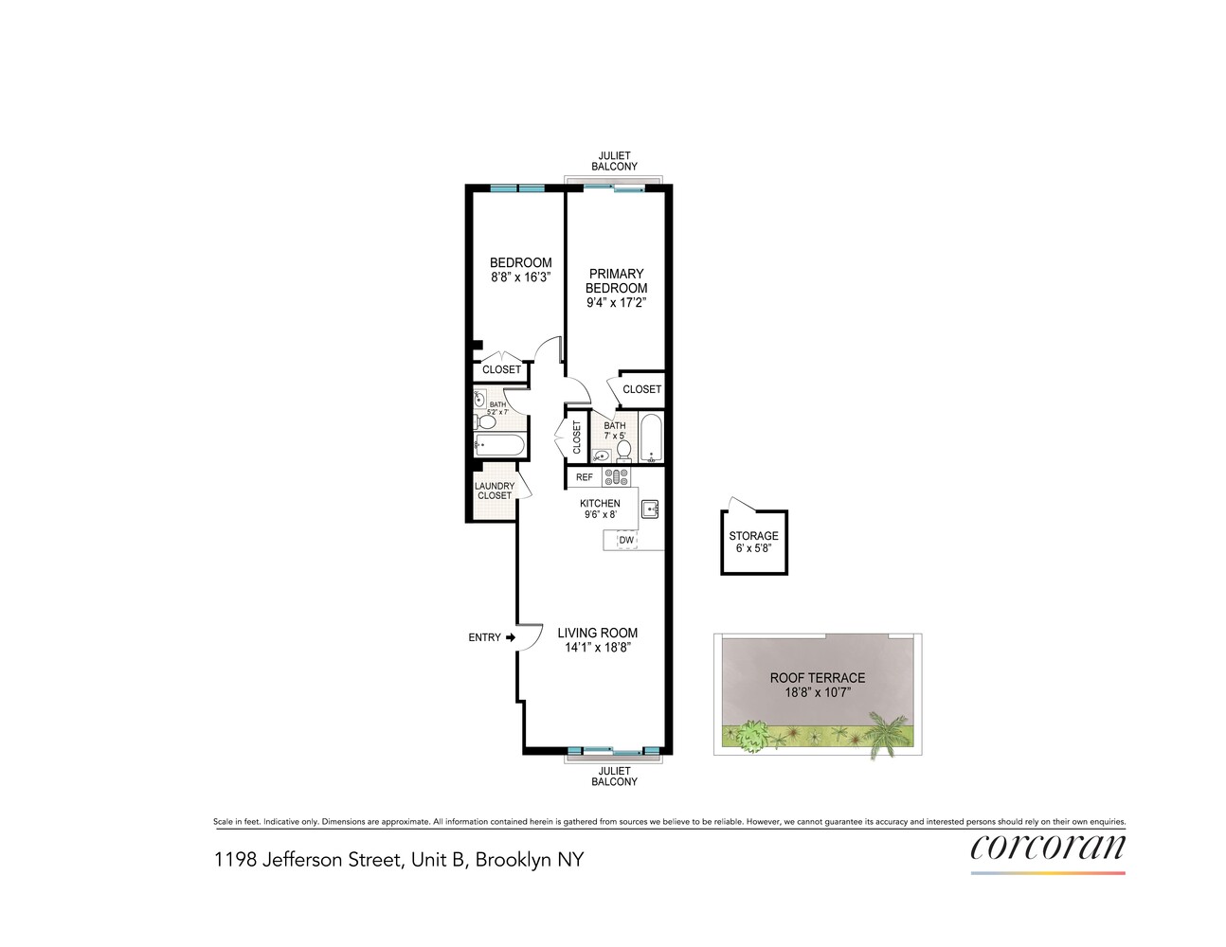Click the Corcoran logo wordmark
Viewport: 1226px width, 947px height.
click(1048, 848)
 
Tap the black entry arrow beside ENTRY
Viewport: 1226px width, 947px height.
click(511, 637)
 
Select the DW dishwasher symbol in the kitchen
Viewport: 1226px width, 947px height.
click(626, 540)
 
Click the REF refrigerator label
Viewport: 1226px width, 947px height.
click(584, 477)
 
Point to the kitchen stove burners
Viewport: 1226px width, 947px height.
click(616, 477)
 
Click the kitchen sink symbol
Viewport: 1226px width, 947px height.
click(649, 509)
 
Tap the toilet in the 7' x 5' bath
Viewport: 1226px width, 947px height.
click(623, 451)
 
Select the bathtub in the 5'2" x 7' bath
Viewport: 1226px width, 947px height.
click(500, 445)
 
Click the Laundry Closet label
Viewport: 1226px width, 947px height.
click(495, 491)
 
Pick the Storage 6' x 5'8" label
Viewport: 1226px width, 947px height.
click(753, 542)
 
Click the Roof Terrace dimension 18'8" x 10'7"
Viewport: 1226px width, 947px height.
click(818, 692)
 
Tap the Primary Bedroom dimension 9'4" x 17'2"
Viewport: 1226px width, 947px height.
click(616, 303)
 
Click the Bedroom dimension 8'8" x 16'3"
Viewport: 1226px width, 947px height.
click(520, 277)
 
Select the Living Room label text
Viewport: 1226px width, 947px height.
click(598, 633)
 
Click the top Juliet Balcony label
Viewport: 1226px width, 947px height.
click(614, 161)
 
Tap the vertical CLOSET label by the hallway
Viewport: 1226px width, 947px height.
click(577, 437)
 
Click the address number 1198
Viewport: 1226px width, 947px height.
click(235, 860)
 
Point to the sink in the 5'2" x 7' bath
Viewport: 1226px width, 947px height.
click(480, 400)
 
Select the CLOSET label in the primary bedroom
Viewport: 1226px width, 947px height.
click(641, 389)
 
